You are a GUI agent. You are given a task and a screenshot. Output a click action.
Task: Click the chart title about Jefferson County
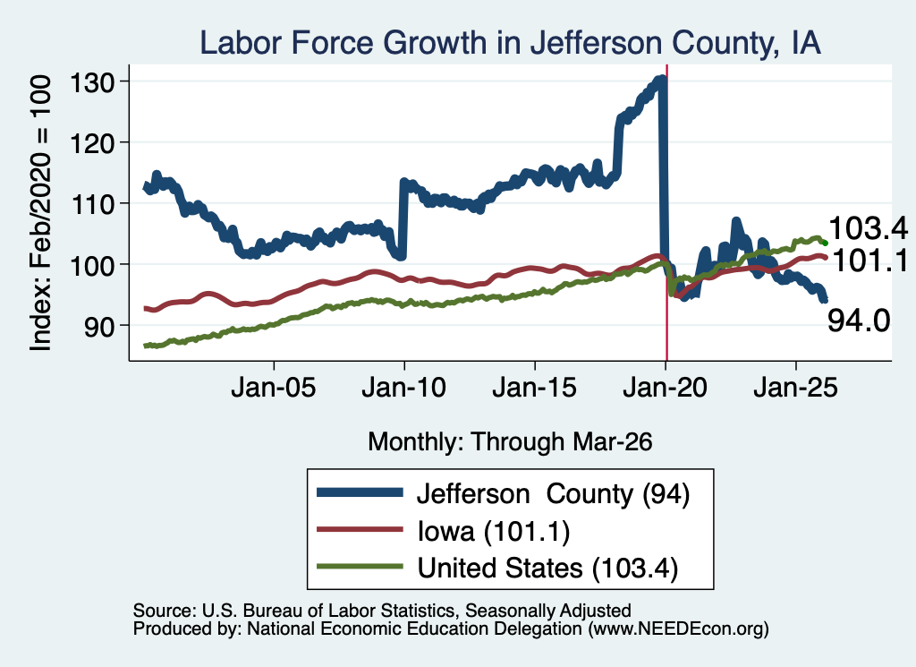coord(510,43)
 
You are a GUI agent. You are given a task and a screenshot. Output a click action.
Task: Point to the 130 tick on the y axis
coord(92,82)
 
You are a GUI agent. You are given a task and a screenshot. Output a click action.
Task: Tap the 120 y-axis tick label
coord(92,142)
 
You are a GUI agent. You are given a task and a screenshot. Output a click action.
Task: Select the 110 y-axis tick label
coord(92,204)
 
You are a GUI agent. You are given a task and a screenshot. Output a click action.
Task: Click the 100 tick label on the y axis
coord(92,265)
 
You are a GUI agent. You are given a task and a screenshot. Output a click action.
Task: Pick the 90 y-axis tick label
coord(98,326)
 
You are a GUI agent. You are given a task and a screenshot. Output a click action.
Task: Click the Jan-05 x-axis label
coord(274,388)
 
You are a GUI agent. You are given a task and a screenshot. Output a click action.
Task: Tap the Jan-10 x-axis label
coord(403,388)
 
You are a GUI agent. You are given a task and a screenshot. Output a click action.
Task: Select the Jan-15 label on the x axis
coord(535,388)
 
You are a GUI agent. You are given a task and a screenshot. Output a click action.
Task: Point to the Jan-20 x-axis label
coord(666,388)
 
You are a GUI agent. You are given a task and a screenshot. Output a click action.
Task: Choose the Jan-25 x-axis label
coord(795,388)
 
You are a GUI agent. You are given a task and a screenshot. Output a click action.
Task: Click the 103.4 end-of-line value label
coord(868,228)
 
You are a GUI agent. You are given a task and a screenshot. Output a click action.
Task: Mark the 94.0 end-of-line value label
coord(859,321)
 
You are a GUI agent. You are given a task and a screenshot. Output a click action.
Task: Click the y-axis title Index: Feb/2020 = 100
coord(40,213)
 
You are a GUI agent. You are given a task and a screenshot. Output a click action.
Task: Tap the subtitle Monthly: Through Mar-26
coord(510,442)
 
